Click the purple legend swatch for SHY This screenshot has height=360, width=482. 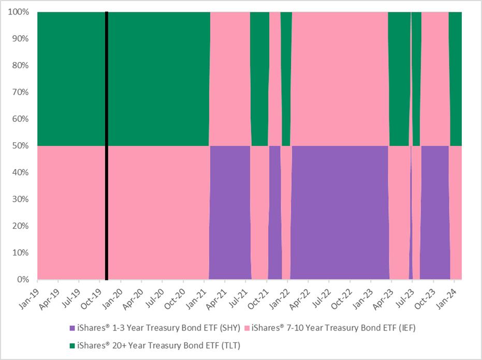[x=72, y=327]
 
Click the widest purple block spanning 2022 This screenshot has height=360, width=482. [x=340, y=212]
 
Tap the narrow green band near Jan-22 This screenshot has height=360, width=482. [x=286, y=78]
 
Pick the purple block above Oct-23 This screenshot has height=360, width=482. [x=434, y=212]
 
